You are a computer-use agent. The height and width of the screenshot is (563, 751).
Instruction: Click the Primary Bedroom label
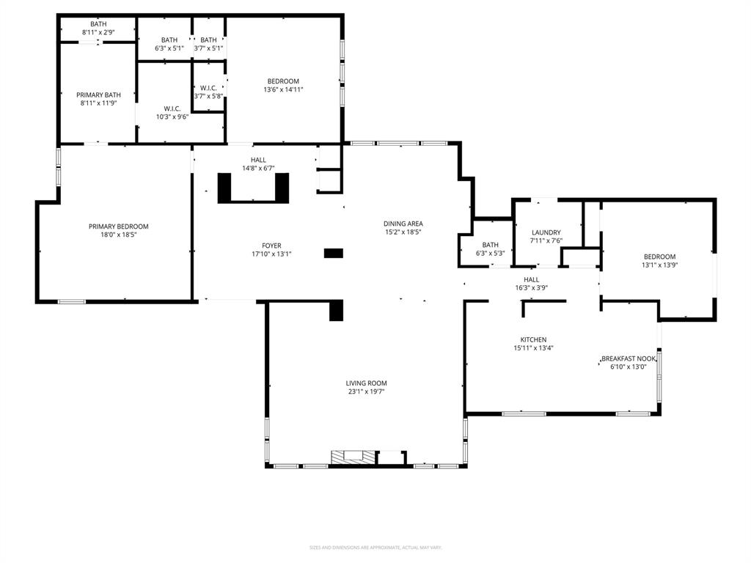(118, 227)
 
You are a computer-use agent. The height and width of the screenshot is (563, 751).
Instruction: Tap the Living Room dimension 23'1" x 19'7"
(366, 392)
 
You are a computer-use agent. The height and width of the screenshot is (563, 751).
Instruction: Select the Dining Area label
(403, 224)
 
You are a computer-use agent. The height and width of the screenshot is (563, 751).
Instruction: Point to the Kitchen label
(533, 339)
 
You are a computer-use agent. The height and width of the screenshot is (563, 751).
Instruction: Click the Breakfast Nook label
(628, 358)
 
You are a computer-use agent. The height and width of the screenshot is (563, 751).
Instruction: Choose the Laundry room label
(546, 232)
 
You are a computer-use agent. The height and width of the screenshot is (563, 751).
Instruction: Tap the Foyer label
(271, 246)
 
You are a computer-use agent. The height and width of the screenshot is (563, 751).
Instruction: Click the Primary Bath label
(98, 95)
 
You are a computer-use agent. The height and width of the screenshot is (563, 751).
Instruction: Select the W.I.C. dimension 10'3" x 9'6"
(172, 117)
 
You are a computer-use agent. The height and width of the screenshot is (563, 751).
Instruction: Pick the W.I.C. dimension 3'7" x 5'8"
(208, 96)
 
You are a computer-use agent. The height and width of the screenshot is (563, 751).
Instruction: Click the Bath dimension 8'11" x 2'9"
(98, 32)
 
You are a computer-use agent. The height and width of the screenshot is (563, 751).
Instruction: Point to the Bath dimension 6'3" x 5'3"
(490, 253)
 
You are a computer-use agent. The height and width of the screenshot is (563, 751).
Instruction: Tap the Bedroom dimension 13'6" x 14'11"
(283, 89)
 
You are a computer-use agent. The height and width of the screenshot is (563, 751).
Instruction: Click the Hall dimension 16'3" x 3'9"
(531, 288)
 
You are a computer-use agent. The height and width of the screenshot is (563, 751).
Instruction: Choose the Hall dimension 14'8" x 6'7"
(258, 168)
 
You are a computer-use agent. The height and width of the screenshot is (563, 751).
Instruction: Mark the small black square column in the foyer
(334, 253)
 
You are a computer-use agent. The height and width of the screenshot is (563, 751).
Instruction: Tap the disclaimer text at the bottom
(375, 548)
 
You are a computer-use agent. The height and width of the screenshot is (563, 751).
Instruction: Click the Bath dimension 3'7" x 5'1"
(208, 48)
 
